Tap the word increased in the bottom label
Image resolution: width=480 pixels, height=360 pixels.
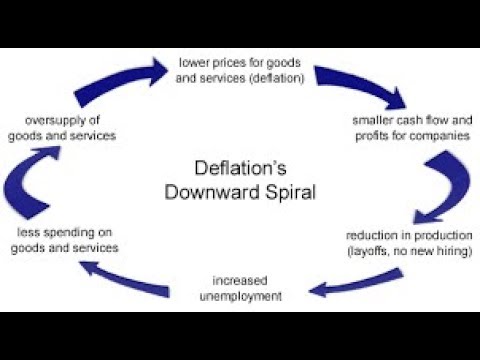(x=238, y=279)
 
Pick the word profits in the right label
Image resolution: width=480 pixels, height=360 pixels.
(x=371, y=135)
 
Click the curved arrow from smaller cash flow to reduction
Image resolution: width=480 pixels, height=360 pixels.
(x=438, y=181)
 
